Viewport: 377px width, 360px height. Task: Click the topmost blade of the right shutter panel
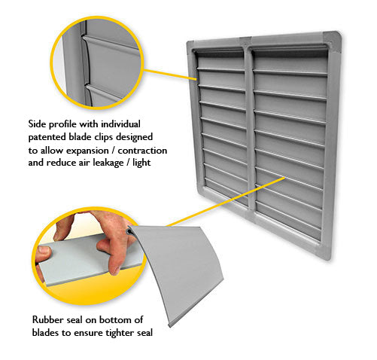[290, 56]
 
